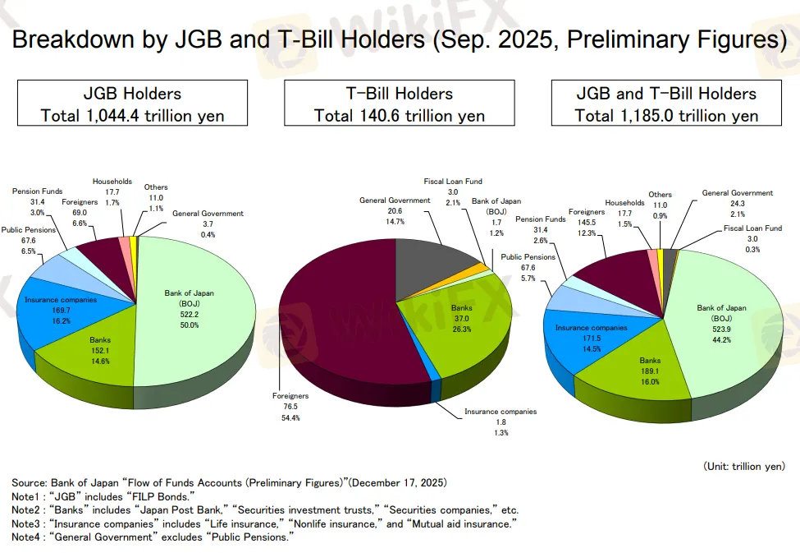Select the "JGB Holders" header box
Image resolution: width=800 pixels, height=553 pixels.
(x=132, y=103)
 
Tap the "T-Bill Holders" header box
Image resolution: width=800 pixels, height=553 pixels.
(x=399, y=103)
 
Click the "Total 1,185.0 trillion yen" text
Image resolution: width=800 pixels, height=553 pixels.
(x=666, y=115)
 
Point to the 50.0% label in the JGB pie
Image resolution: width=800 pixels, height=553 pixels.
(x=190, y=325)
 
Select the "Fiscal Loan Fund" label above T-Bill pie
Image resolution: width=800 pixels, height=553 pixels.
(x=453, y=181)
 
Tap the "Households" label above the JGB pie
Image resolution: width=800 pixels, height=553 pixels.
(x=112, y=182)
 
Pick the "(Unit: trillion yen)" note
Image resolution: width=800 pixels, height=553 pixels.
(x=743, y=466)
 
